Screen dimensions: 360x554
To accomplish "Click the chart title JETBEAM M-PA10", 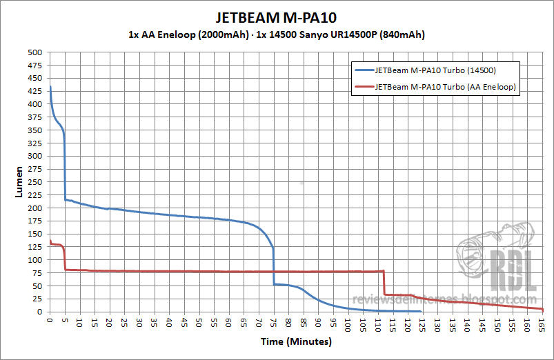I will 276,17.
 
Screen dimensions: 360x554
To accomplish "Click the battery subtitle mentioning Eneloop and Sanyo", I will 276,34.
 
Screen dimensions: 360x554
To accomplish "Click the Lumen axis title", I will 20,182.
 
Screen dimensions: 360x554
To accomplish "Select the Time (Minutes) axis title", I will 296,341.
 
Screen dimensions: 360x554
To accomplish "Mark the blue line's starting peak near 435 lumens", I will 50,87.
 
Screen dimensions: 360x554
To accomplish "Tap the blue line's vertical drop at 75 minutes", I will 274,266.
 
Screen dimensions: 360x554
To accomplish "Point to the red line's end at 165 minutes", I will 542,309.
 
